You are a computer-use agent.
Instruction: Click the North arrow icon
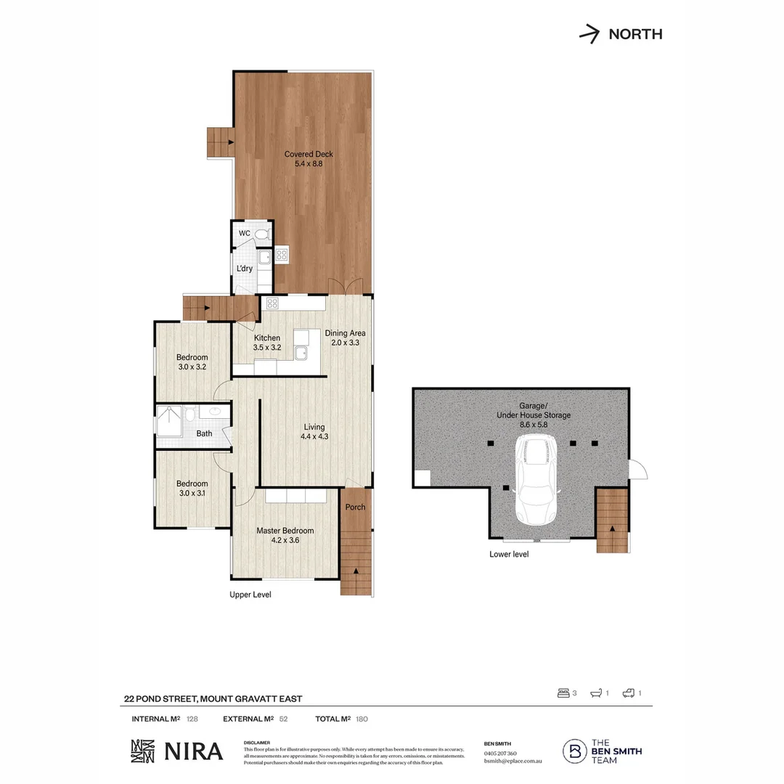point(589,33)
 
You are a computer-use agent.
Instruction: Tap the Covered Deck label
point(303,158)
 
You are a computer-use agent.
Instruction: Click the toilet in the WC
point(261,234)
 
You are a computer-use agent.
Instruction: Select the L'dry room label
point(244,269)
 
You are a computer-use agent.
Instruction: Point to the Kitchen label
point(267,343)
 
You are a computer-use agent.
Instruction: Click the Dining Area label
point(345,338)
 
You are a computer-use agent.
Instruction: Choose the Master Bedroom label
point(285,535)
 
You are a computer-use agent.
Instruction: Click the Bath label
point(204,433)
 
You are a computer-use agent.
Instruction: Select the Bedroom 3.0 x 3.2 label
point(192,362)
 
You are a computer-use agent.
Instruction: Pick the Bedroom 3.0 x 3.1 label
point(192,489)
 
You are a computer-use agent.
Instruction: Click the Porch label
point(356,507)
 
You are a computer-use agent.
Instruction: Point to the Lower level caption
point(509,554)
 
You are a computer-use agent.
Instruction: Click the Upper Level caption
point(250,594)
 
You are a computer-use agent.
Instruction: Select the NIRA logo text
point(192,751)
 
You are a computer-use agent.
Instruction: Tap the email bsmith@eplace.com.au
point(513,760)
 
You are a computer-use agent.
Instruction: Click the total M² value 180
point(363,719)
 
